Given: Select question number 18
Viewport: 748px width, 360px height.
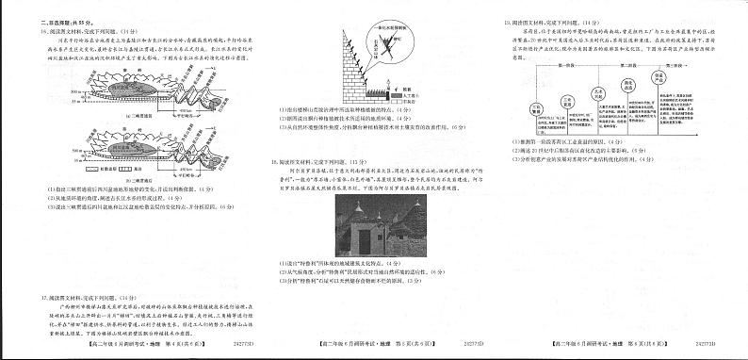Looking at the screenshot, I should (x=273, y=162).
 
